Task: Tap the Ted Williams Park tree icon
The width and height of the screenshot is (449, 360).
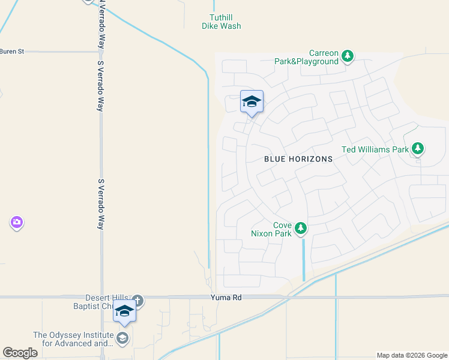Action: (418, 149)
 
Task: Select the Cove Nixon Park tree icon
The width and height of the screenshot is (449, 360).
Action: (301, 229)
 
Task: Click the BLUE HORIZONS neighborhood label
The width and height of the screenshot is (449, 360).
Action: (298, 159)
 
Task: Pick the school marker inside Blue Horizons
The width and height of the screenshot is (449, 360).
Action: (252, 102)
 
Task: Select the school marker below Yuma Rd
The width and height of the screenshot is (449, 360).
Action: (124, 311)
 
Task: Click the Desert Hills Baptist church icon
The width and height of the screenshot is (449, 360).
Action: (137, 300)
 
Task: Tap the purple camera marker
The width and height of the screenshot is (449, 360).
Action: (16, 223)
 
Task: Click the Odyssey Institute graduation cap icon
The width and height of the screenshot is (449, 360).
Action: (123, 338)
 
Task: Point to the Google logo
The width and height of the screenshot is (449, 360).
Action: (20, 353)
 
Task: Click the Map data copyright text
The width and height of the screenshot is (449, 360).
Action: (411, 355)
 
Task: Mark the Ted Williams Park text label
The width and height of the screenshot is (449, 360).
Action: (375, 149)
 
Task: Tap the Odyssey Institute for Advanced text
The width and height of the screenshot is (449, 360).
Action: (73, 340)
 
